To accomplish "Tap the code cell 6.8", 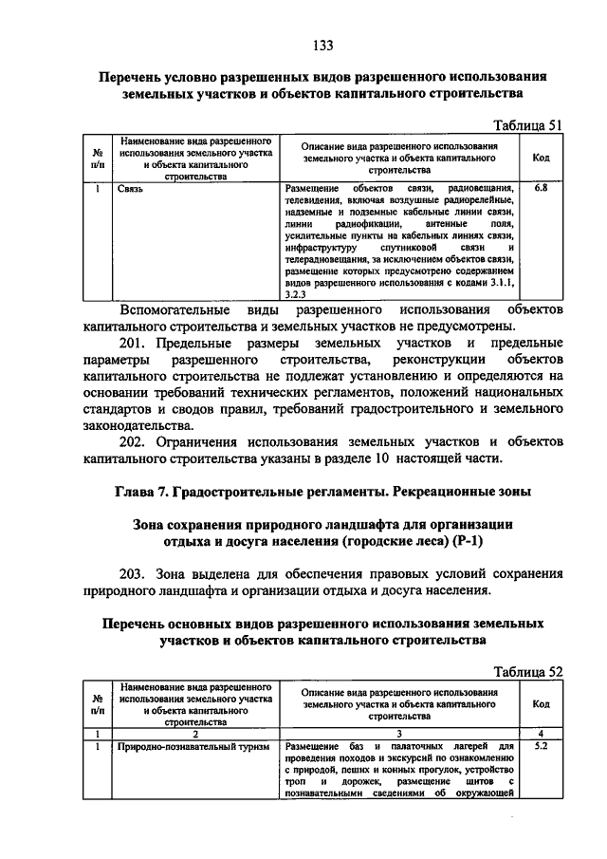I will [541, 189].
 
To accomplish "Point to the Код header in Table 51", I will [541, 158].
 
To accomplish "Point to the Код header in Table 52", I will [541, 704].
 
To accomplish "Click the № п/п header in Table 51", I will [97, 158].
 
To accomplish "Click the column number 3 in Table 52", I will [399, 733].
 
